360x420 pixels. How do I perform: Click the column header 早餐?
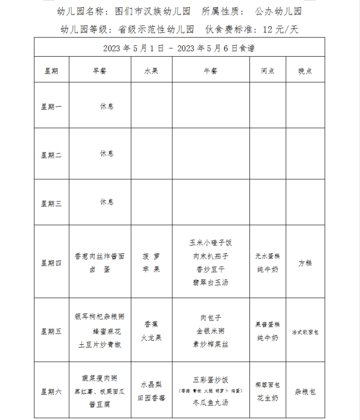tap(100, 71)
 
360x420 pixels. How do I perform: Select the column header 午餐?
tap(211, 71)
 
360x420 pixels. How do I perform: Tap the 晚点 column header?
tap(305, 71)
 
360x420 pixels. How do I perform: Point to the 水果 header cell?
tap(151, 71)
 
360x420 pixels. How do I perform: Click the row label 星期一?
tap(51, 107)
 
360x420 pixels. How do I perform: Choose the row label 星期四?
tap(51, 263)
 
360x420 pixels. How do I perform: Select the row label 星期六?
tap(51, 392)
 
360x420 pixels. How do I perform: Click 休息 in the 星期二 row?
tap(107, 154)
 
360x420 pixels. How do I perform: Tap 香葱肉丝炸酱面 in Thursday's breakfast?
tap(100, 256)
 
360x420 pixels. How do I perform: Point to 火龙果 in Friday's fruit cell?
tap(151, 338)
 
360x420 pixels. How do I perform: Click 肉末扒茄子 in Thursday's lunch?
tap(211, 256)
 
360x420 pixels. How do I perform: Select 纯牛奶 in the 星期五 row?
tap(267, 338)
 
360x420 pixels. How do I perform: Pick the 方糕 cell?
tap(305, 263)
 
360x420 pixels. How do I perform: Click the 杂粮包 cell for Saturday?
tap(305, 392)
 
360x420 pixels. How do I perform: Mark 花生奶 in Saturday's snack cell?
tap(267, 398)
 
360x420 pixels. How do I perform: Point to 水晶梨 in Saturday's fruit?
tap(151, 385)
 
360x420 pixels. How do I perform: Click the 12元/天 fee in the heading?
tap(280, 29)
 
